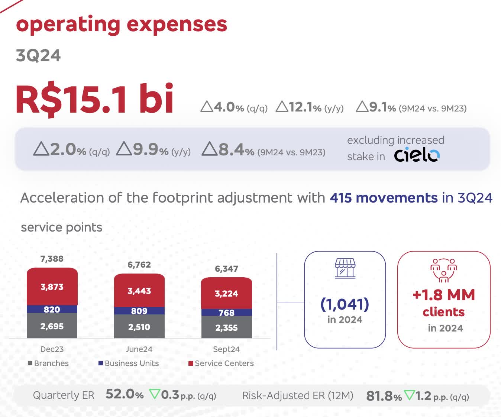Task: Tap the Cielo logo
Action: tap(417, 155)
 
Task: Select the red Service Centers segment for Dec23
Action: tap(52, 287)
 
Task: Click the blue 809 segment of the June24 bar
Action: tap(139, 311)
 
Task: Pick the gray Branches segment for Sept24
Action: tap(226, 327)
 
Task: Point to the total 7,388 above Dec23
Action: tap(52, 259)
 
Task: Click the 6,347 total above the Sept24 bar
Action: tap(226, 269)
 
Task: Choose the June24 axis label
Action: tap(139, 349)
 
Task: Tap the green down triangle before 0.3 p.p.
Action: tap(154, 394)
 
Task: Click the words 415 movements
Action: tap(384, 198)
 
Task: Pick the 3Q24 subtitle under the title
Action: tap(38, 56)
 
